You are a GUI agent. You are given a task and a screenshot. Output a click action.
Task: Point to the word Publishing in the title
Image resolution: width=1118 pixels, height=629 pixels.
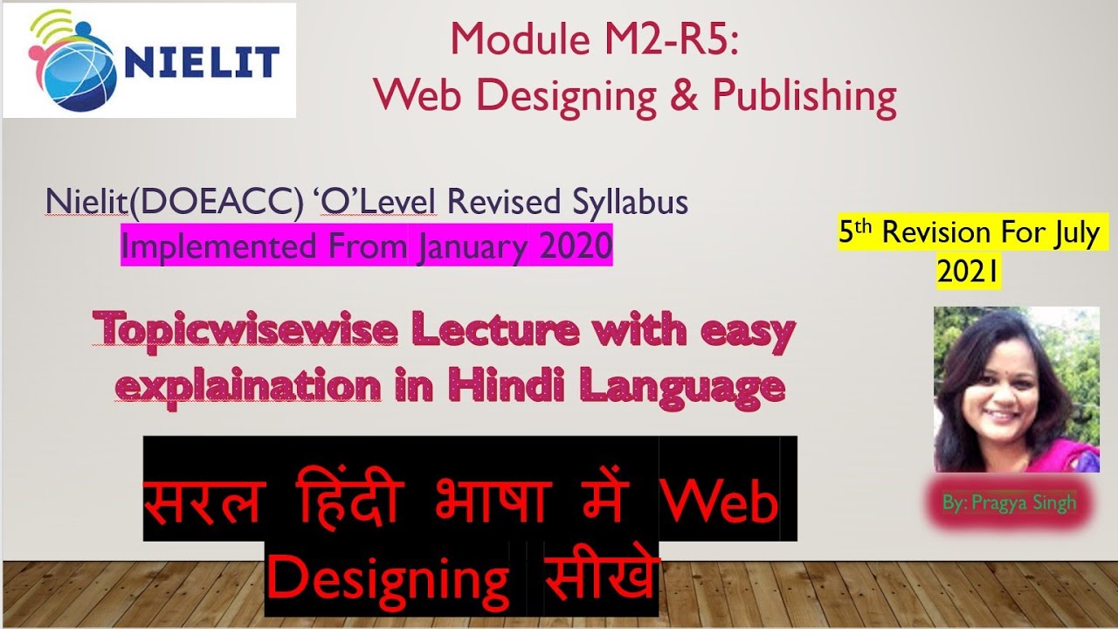pos(804,97)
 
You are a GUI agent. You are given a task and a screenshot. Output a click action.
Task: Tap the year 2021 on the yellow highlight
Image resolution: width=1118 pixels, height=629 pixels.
pos(968,273)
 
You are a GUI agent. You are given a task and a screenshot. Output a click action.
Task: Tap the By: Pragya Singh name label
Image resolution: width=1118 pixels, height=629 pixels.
pos(1009,502)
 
